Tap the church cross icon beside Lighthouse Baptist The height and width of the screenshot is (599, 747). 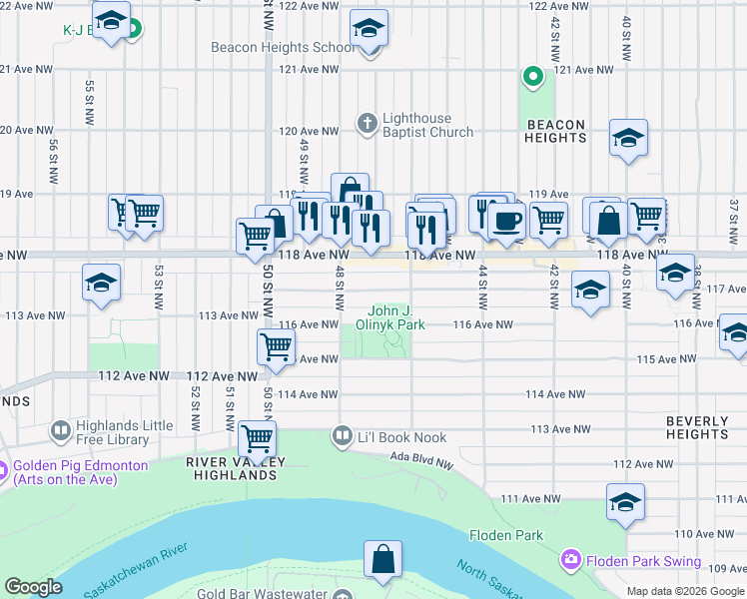[367, 124]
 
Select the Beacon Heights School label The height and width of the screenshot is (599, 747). [283, 47]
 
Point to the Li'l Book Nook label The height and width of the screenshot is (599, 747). [402, 437]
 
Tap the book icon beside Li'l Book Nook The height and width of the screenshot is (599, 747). [343, 436]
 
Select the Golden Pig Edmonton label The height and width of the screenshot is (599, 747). [80, 472]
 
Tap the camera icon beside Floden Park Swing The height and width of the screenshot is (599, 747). [571, 560]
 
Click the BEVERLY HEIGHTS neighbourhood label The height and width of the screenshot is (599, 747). [698, 427]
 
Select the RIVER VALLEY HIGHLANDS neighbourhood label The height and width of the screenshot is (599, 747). [237, 468]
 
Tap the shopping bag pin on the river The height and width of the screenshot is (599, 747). [382, 561]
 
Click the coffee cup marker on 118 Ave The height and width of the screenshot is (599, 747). [507, 221]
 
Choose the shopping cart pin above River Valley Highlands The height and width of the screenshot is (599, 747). [258, 437]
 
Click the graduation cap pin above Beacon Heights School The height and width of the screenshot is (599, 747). [369, 29]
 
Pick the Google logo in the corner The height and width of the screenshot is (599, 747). [33, 587]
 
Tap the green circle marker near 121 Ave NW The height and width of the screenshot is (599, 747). [533, 76]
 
